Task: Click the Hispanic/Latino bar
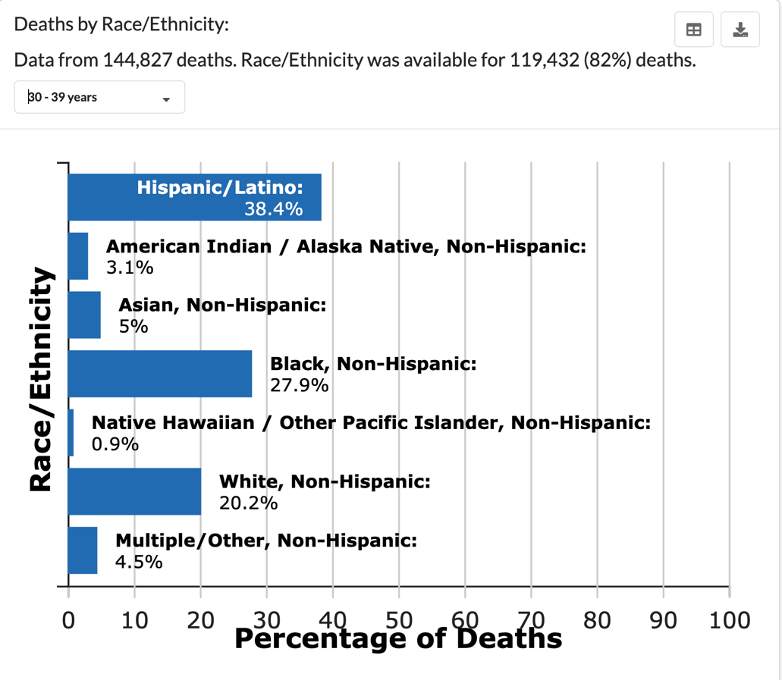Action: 194,198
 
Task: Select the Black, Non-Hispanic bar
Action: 159,374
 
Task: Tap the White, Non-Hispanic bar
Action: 134,491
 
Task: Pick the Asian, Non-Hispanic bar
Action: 84,315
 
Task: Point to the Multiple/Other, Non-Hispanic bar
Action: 83,550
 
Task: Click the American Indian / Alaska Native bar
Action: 78,256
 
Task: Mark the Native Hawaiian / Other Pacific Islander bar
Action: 71,433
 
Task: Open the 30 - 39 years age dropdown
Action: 99,97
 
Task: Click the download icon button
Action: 740,30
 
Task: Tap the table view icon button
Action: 693,30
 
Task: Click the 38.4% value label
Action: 273,209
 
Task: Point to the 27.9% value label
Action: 299,385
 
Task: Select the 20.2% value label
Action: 248,503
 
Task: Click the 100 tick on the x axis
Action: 730,619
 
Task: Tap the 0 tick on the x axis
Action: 68,619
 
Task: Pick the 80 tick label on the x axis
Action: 598,619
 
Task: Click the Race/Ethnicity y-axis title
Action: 41,379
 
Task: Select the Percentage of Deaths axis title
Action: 398,638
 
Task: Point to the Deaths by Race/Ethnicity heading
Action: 121,24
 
